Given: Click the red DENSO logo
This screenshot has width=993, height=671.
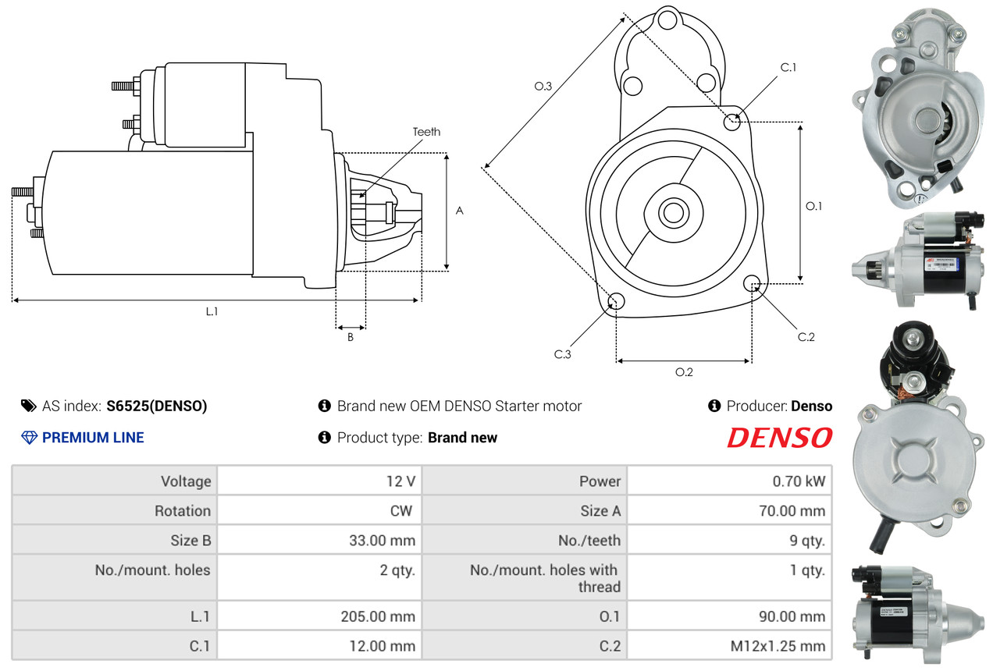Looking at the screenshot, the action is tap(779, 438).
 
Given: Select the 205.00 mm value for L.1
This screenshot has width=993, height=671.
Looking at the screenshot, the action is tap(378, 616).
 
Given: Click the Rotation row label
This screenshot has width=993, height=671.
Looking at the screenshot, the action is tap(182, 510).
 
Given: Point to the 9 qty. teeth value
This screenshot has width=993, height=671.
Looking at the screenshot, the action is tap(807, 540).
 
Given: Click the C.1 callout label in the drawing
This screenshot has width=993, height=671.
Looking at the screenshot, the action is tap(788, 67).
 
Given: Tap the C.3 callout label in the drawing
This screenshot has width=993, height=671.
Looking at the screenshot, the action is tap(562, 354).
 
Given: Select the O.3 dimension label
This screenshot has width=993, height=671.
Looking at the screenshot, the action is tap(543, 86).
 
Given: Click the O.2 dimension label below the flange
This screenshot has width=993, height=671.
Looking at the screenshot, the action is tap(684, 372).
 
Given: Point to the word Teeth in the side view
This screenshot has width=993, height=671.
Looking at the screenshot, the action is tap(426, 132).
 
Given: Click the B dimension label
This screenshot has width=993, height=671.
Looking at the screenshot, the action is tap(351, 337).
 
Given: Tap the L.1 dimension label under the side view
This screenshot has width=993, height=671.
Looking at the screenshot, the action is tap(212, 311).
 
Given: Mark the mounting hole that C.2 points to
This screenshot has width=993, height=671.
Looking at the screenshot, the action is tap(752, 283).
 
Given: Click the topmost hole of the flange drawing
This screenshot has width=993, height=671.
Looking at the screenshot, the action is tap(667, 20).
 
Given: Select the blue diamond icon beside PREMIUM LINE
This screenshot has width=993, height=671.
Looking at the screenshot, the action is tap(29, 438).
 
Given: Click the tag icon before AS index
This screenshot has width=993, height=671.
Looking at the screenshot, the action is tap(29, 406).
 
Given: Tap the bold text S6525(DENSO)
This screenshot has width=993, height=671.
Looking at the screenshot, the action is tap(156, 406).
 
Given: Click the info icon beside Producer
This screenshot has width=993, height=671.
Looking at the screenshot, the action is tap(714, 406).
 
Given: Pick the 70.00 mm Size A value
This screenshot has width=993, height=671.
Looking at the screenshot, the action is tap(792, 510).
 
